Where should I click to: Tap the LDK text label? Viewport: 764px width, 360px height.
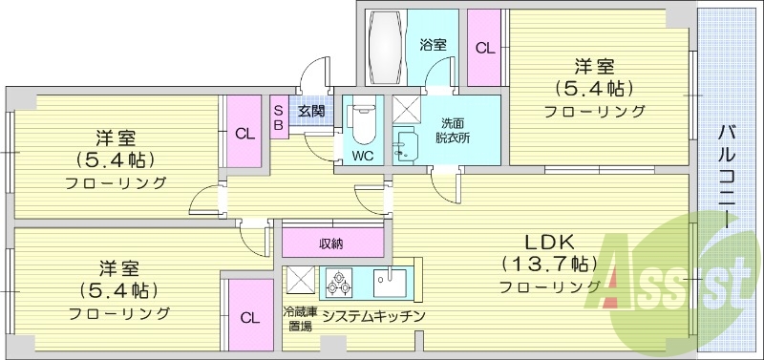point(545,241)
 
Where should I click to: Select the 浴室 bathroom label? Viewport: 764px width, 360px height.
point(433,44)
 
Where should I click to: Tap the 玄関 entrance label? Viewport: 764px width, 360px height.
point(310,111)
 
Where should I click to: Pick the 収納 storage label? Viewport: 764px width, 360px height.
point(330,243)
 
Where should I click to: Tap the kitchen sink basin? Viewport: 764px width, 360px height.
point(390,281)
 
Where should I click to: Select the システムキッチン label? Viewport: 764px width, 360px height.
point(372,315)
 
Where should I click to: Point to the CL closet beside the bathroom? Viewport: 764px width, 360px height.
point(485,48)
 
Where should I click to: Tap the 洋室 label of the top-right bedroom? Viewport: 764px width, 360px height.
point(595,67)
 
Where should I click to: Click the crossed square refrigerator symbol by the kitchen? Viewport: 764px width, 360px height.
point(300,281)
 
